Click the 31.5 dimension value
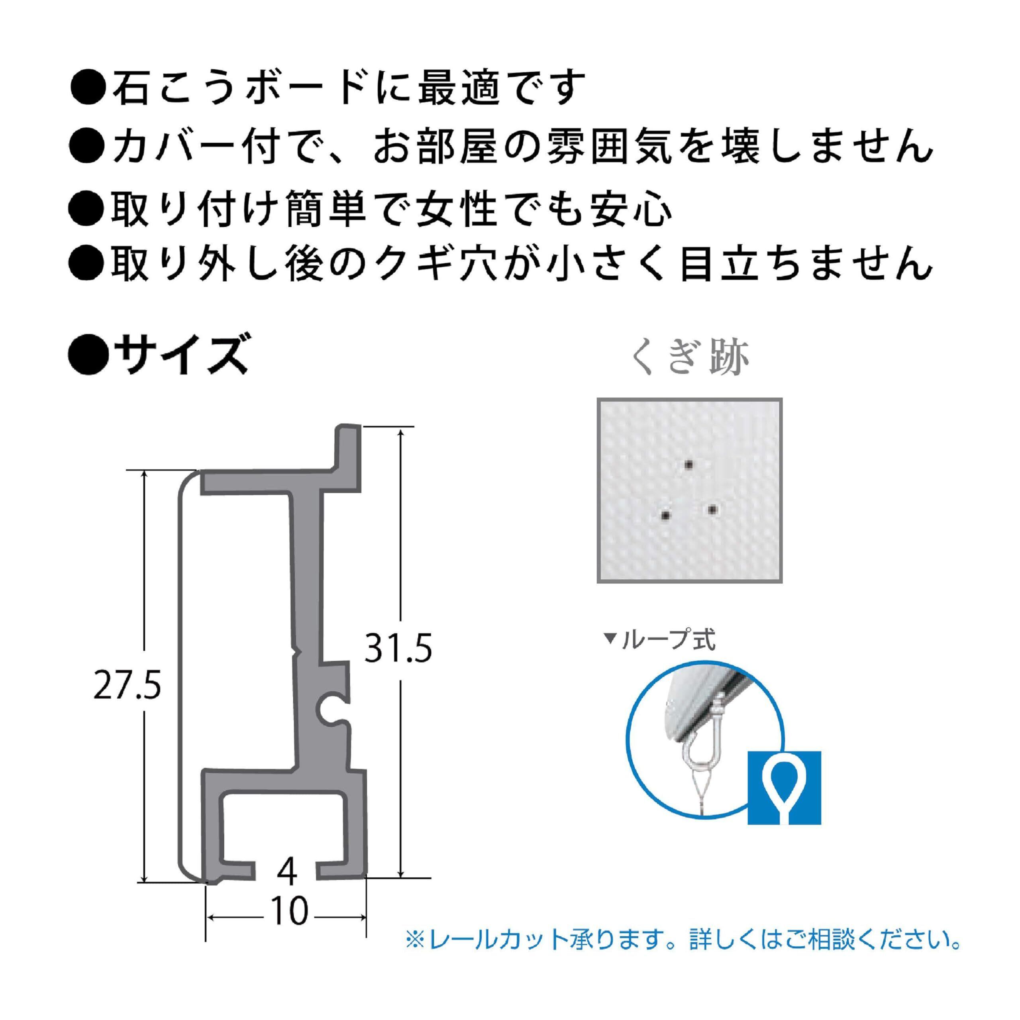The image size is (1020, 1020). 398,648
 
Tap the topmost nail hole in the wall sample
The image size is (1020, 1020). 688,465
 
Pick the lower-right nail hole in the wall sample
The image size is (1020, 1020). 713,510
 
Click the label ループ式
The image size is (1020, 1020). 669,640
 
